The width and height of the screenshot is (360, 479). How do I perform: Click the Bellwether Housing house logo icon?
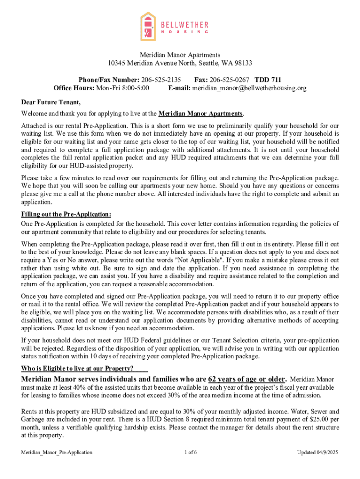[148, 27]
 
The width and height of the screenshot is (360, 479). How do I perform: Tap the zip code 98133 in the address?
[243, 63]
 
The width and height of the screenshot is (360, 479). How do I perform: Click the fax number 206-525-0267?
[229, 80]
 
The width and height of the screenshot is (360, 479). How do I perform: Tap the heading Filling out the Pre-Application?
[66, 214]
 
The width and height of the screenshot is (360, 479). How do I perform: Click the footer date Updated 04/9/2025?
[317, 452]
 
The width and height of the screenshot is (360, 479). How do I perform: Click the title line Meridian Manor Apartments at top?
[180, 55]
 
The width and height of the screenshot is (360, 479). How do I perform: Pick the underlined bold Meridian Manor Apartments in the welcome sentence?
[201, 114]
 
